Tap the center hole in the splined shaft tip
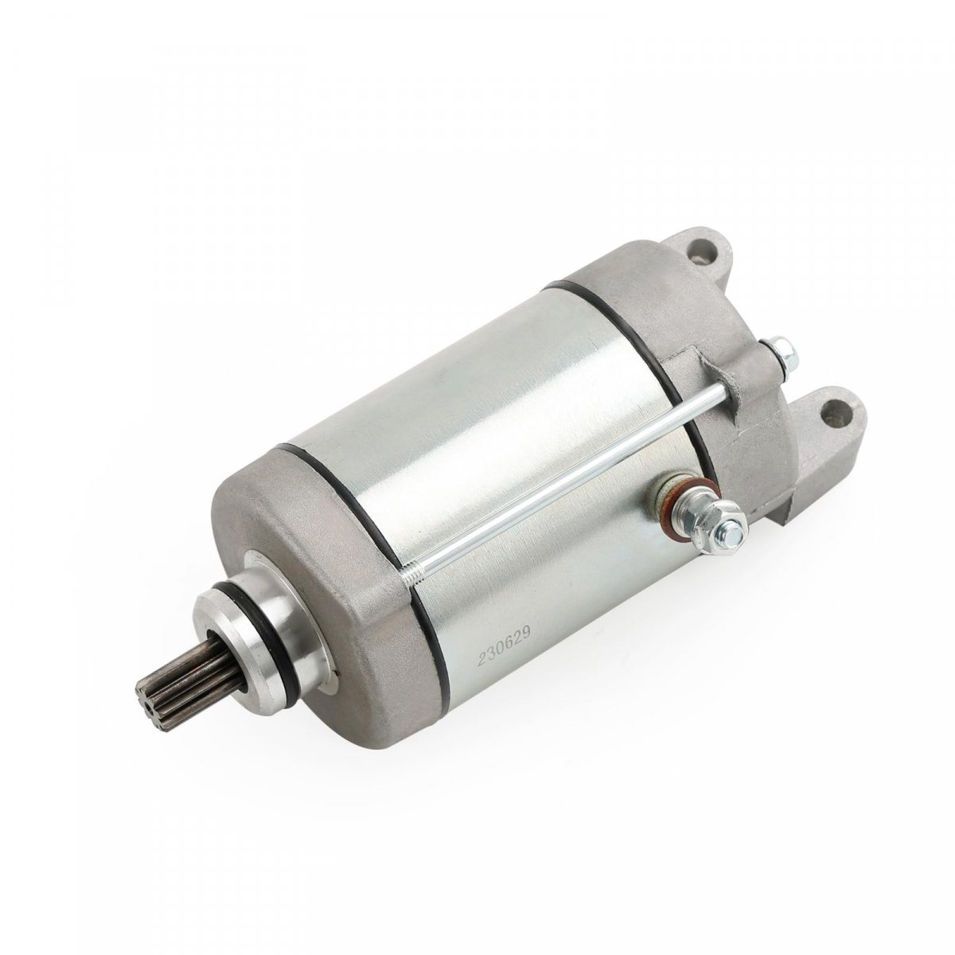(148, 684)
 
